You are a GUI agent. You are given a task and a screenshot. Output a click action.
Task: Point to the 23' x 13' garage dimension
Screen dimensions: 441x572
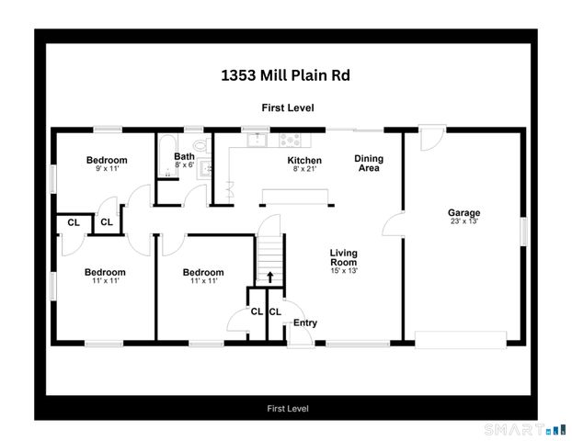point(463,221)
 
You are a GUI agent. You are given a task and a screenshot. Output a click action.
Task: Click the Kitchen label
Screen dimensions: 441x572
point(279,160)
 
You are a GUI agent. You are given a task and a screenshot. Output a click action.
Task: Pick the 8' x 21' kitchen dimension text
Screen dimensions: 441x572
point(279,169)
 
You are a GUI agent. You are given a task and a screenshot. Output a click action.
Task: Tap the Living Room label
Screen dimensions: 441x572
point(344,257)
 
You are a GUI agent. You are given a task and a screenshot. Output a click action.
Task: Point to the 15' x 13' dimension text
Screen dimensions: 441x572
point(344,270)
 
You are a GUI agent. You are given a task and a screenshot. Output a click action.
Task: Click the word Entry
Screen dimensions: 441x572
point(304,322)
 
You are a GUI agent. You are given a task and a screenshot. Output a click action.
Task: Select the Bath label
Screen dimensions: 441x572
point(184,156)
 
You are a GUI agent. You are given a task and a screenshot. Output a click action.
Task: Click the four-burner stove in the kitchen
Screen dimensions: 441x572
point(290,141)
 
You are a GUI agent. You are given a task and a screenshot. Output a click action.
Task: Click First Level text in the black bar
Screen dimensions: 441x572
point(287,408)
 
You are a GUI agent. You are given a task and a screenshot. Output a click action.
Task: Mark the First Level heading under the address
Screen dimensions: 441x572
point(287,107)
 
